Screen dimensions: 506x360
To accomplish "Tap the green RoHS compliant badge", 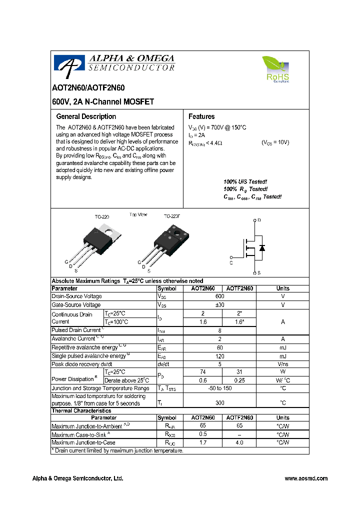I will pos(275,69).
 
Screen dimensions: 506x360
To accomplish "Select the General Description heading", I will pos(86,116).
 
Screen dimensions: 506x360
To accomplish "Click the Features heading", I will pos(201,116).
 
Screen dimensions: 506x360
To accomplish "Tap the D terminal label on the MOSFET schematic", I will pos(259,220).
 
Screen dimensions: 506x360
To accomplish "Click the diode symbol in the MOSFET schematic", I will pos(262,248).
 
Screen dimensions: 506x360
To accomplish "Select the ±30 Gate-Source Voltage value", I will pos(220,305).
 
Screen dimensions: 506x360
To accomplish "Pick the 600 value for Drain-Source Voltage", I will pos(220,296).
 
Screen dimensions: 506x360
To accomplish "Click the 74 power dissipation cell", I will pos(202,372).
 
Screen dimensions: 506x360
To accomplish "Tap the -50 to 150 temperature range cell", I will pos(220,388).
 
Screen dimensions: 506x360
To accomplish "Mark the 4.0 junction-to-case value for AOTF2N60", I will pos(239,442).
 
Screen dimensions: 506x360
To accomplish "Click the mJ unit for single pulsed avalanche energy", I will pos(282,355).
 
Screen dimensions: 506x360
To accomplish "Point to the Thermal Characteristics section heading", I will pos(81,410).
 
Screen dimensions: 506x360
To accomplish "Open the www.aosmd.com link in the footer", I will pos(306,478).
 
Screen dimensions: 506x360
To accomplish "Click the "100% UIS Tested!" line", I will pos(245,181).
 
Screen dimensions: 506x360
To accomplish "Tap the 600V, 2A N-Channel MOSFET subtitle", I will pos(103,101).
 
